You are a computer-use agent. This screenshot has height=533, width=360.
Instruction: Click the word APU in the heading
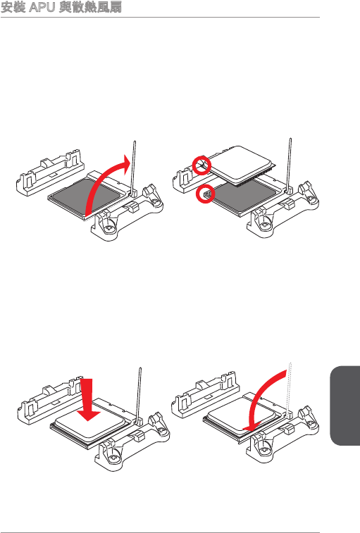click(x=42, y=7)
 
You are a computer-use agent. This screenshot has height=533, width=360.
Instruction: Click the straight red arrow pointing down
click(x=89, y=400)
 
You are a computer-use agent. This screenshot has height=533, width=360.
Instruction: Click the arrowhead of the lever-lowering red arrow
click(x=251, y=425)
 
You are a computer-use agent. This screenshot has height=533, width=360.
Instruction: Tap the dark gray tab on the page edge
click(x=345, y=405)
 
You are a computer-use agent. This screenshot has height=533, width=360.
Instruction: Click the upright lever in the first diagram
click(x=134, y=168)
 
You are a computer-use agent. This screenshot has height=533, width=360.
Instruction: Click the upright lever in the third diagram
click(x=139, y=395)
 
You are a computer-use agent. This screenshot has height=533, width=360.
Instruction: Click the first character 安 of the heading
click(x=7, y=7)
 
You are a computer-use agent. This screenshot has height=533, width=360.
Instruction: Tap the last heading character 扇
click(x=116, y=7)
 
